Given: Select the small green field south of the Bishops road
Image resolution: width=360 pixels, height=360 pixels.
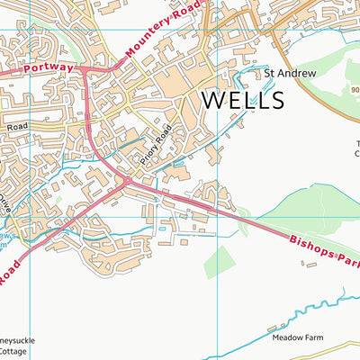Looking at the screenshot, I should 218,261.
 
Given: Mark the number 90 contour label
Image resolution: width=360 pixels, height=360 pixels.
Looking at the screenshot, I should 354,89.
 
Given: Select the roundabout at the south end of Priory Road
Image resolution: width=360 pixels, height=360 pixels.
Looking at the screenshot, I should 126,181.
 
